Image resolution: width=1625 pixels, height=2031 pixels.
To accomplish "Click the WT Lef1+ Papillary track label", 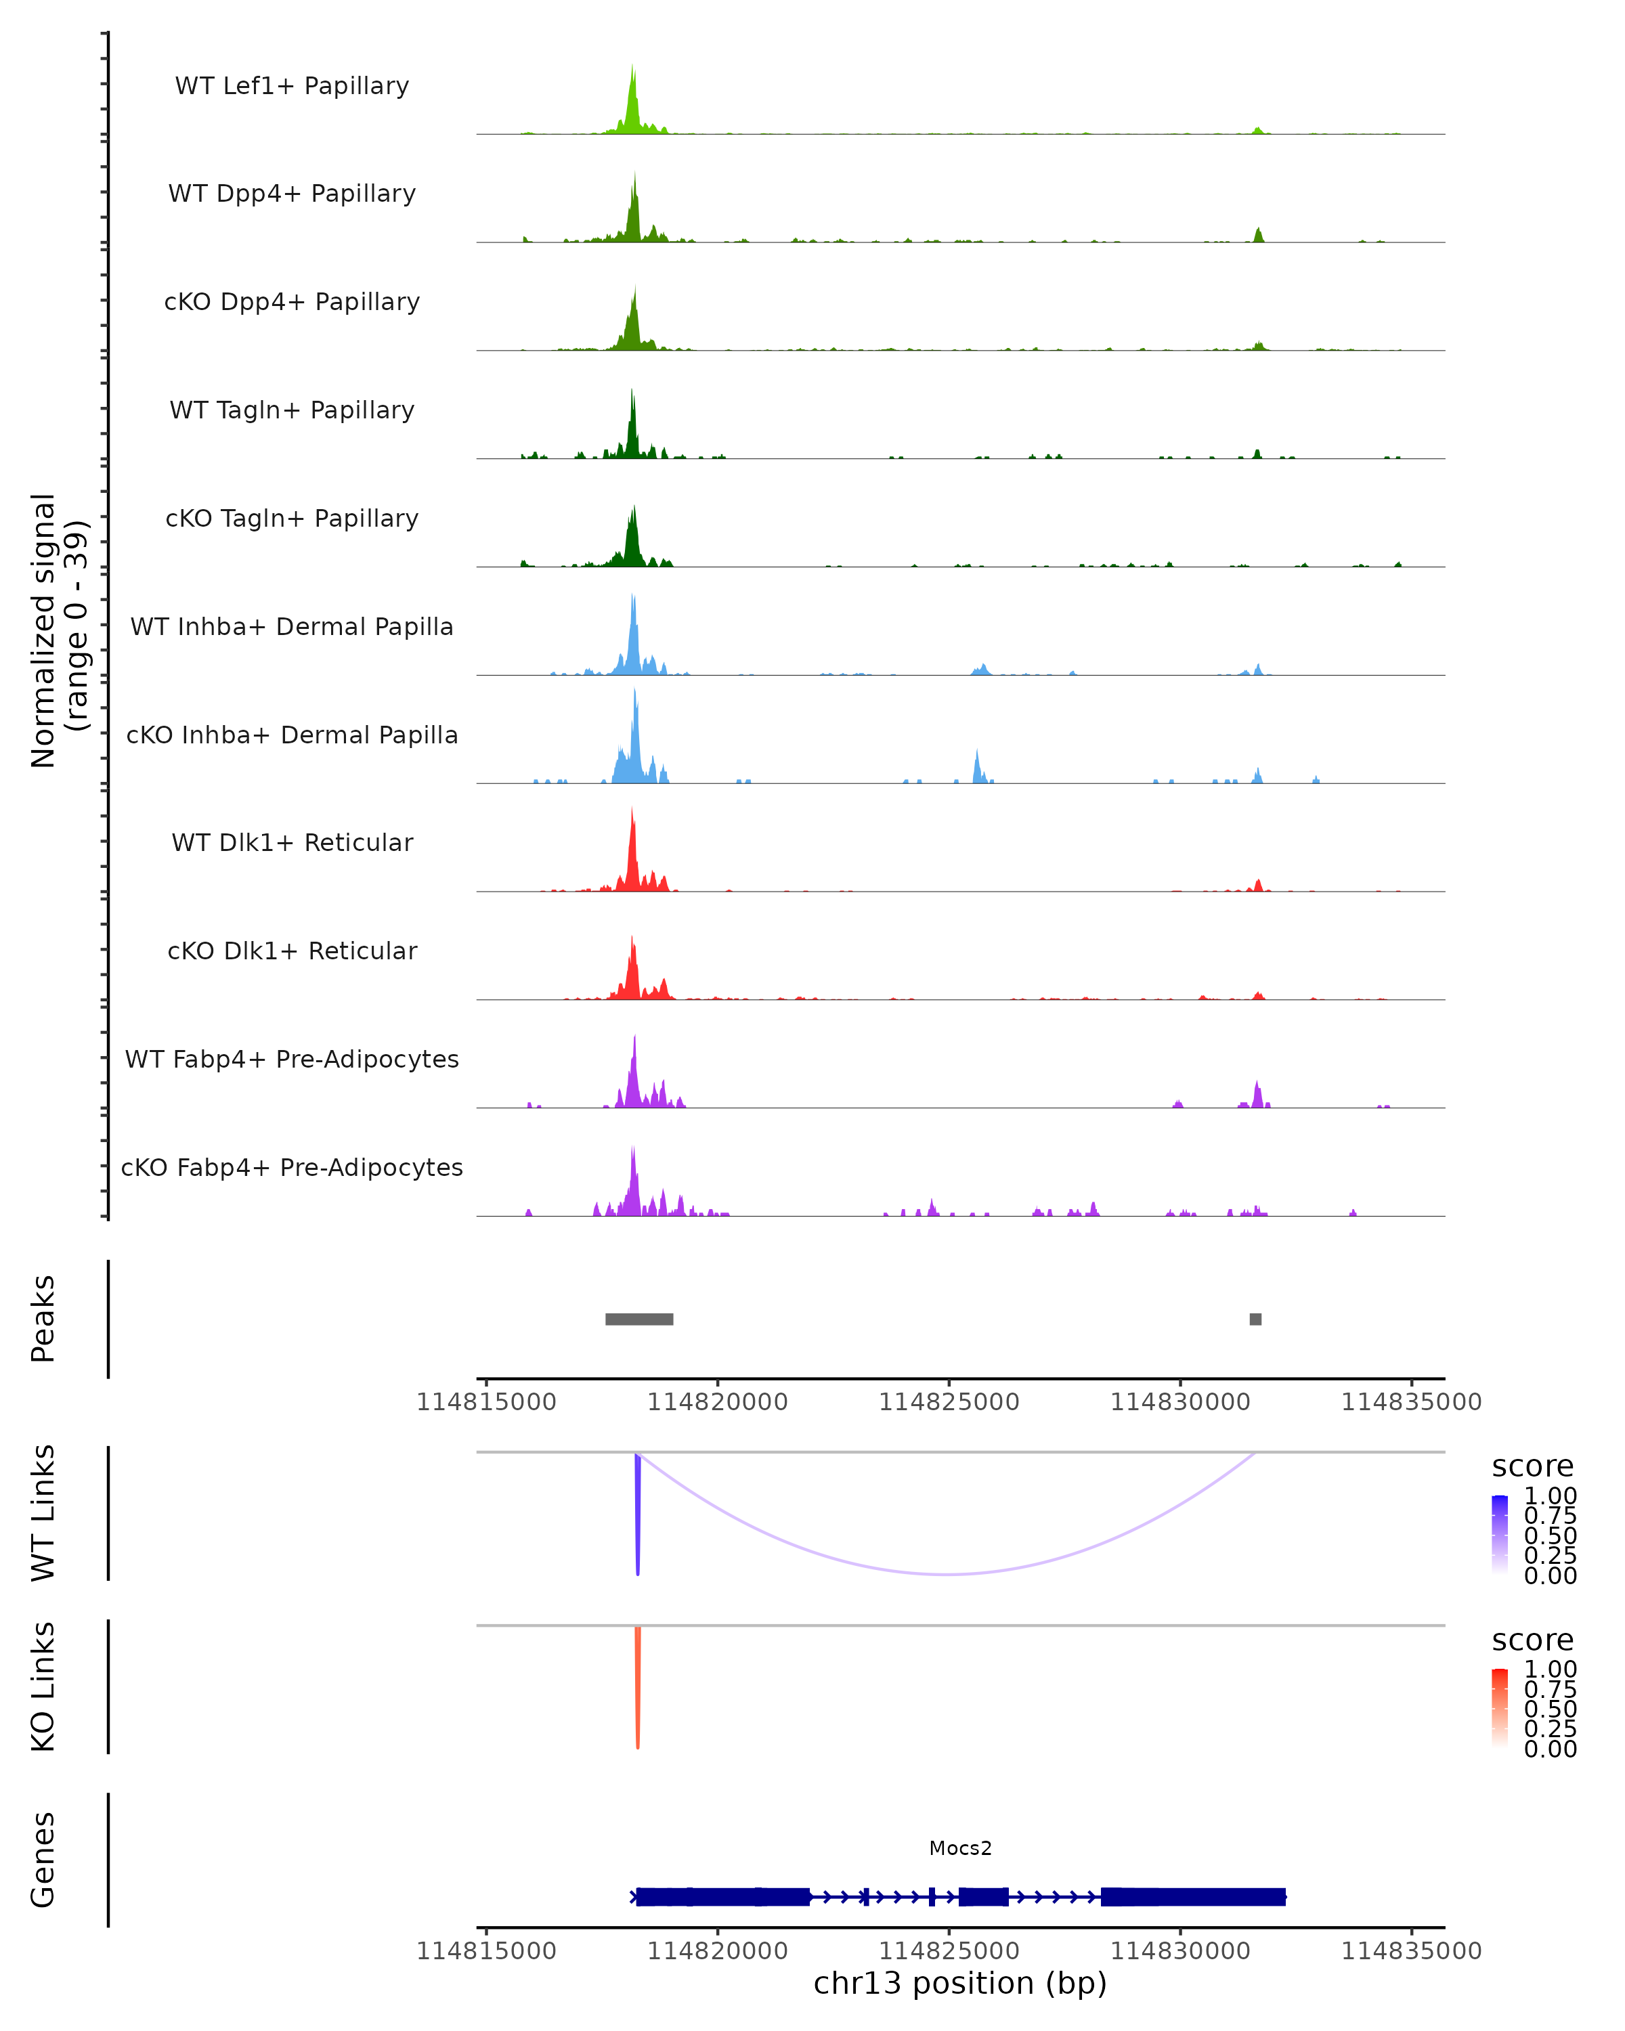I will point(292,86).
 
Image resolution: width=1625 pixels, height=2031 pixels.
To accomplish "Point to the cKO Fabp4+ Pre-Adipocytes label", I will point(292,1167).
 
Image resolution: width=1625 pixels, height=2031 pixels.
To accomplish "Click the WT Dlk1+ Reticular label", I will point(292,842).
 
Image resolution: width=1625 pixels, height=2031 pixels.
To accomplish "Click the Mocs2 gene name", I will point(960,1848).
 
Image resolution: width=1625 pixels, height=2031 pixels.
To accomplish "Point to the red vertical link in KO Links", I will point(638,1686).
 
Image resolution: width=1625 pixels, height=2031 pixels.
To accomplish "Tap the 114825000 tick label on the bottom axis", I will point(949,1951).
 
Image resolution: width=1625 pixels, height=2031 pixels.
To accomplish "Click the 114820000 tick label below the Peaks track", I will point(717,1402).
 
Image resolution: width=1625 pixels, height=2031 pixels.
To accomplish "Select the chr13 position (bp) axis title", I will point(960,1984).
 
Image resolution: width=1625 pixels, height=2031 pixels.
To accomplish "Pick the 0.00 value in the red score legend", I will point(1550,1749).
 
